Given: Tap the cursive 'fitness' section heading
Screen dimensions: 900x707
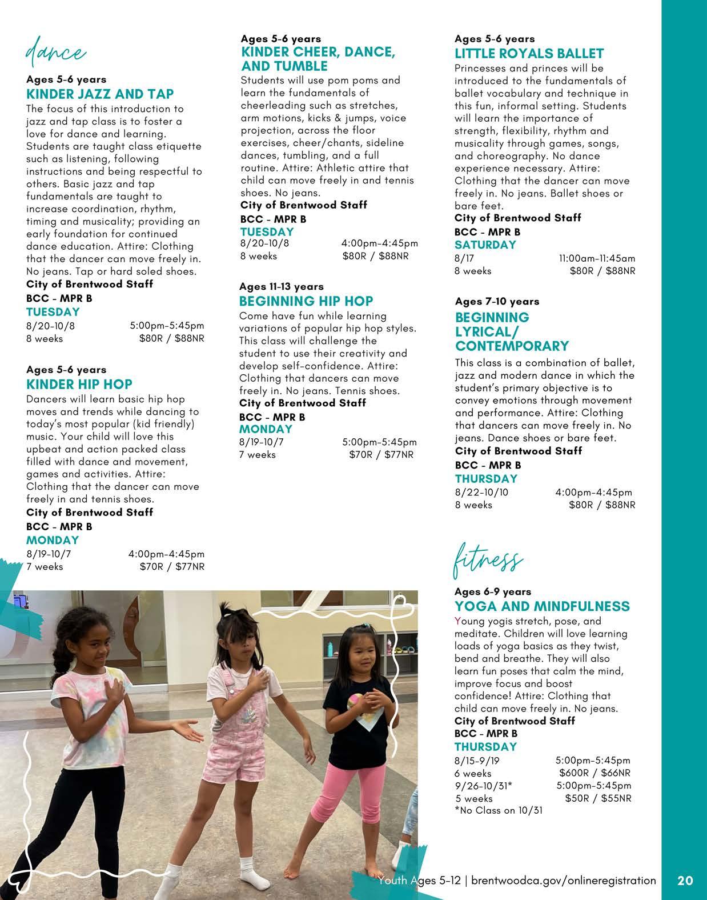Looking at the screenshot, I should point(487,560).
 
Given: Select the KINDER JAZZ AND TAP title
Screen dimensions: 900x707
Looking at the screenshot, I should point(100,94).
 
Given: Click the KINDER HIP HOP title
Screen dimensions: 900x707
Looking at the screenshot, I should point(79,384).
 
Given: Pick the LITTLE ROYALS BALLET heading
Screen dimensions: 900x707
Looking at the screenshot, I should point(529,54).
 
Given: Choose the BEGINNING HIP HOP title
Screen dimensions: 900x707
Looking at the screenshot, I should point(306,301).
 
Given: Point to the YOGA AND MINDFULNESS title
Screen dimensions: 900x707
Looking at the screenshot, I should point(542,606).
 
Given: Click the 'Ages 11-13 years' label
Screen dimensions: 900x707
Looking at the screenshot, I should point(281,286).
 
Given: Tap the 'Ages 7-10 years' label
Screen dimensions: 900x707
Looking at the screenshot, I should point(497,301).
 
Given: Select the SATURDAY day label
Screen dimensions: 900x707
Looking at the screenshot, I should point(485,245).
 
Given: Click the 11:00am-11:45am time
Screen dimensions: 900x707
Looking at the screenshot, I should point(597,258).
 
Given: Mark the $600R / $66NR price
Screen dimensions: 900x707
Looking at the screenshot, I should point(595,773).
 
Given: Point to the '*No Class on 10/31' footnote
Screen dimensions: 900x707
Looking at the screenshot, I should point(498,810).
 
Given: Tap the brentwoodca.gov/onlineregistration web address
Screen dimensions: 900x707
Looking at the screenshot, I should point(564,881).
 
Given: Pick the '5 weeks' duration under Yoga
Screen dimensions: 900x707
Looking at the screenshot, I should point(473,798).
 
